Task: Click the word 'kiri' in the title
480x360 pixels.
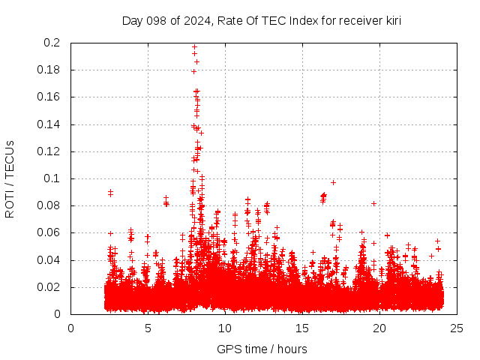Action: (391, 20)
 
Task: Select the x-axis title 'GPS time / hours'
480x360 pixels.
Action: (262, 349)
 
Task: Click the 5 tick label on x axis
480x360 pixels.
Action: (148, 328)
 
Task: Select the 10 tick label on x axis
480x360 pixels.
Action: (225, 328)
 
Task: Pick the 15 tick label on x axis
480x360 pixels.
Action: (302, 328)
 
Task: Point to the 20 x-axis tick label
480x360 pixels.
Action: (379, 328)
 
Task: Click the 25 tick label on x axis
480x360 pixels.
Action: (457, 328)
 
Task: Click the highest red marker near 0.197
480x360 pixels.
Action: (194, 46)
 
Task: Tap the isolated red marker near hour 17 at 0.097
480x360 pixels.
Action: (333, 182)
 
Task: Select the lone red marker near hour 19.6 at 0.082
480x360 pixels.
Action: (373, 203)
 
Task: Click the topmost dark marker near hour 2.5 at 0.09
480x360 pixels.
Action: (110, 191)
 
